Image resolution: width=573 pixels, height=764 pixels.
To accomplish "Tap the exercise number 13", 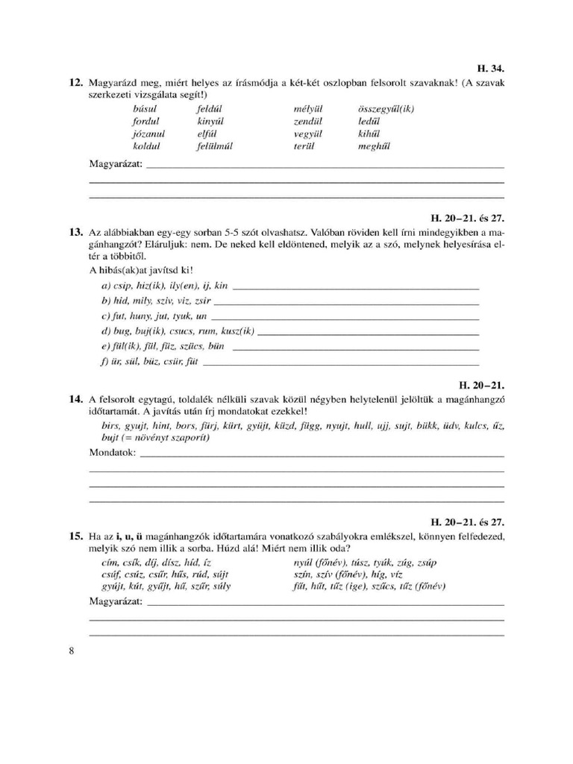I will (75, 233).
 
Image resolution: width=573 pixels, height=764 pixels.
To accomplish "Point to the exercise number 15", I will (75, 536).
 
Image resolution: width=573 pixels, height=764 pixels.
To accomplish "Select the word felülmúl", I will (215, 146).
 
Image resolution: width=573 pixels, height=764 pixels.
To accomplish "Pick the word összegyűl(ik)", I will (386, 108).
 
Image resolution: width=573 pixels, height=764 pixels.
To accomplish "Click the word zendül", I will (307, 121).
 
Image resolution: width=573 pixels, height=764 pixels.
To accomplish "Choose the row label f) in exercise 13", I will (105, 362).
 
